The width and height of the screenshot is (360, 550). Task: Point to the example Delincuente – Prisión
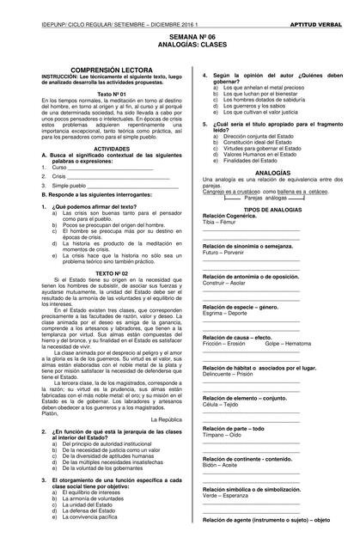228,374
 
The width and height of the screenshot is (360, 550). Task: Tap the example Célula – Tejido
221,404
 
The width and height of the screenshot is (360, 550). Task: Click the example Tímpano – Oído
222,435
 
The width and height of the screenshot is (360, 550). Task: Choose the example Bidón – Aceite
220,465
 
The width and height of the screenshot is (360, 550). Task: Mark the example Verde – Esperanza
223,496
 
